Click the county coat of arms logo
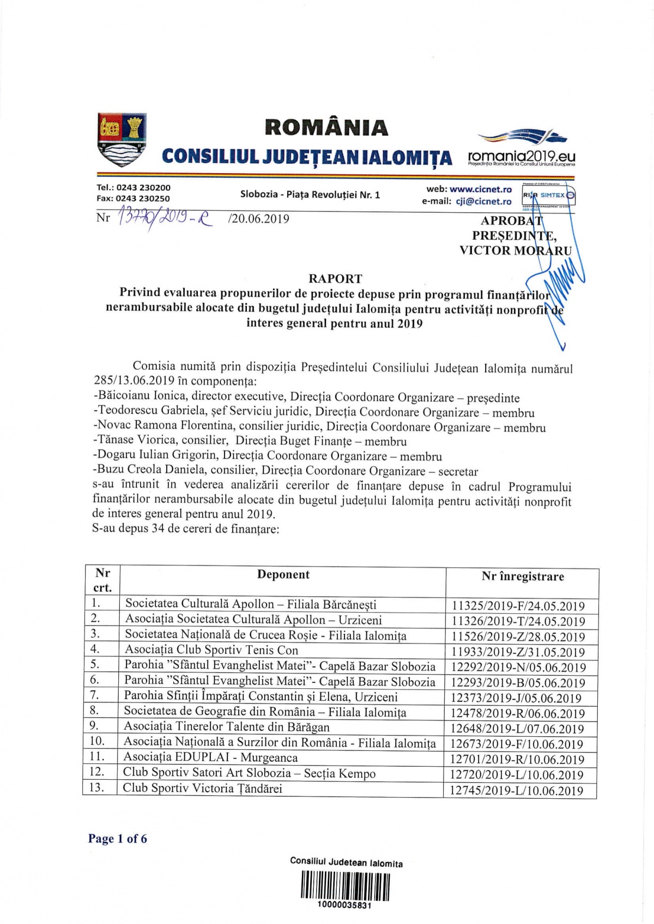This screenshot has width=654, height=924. (122, 139)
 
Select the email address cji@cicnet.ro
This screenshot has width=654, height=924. (483, 201)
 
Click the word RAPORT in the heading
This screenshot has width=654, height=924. (335, 279)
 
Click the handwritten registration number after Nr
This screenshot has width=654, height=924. (163, 219)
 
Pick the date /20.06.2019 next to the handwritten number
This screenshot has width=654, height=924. (259, 219)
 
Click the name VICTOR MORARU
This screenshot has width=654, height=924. (515, 250)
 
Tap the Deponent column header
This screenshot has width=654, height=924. (283, 574)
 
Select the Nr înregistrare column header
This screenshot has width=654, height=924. (523, 577)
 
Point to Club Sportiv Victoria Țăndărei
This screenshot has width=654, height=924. (202, 788)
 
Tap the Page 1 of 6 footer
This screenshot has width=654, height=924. (118, 839)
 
